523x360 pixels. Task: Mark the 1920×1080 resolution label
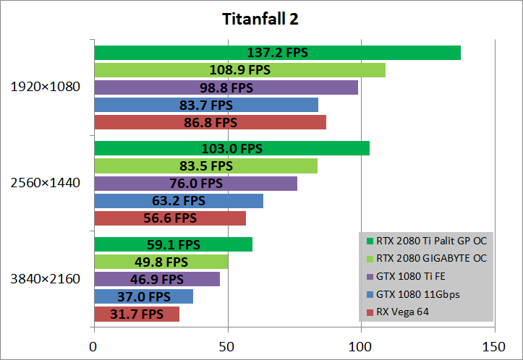[x=45, y=87]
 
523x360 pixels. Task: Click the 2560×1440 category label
[x=45, y=182]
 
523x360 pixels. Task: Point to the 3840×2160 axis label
[x=45, y=278]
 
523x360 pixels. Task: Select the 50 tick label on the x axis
[x=228, y=347]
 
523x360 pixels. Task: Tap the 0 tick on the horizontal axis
[x=94, y=347]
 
